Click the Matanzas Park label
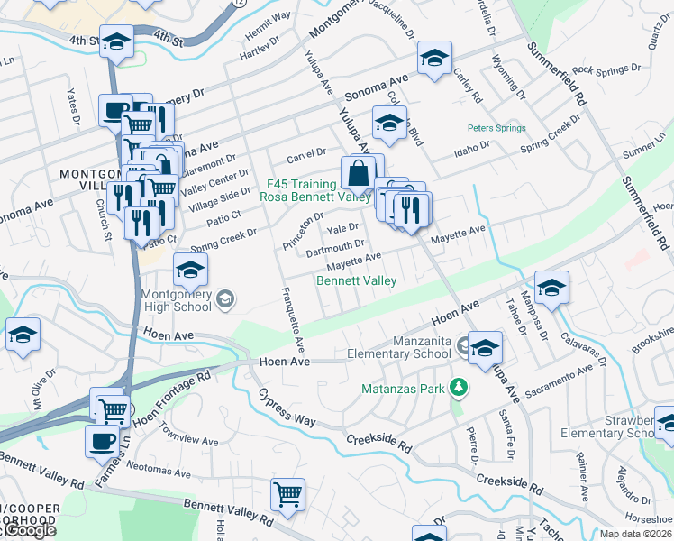pyautogui.click(x=405, y=388)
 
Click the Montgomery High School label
pyautogui.click(x=176, y=299)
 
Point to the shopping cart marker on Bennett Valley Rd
pyautogui.click(x=287, y=494)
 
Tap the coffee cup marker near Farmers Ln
pyautogui.click(x=102, y=441)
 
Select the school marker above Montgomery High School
pyautogui.click(x=190, y=270)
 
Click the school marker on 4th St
pyautogui.click(x=116, y=41)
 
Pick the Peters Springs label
pyautogui.click(x=496, y=128)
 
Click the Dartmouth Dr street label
pyautogui.click(x=335, y=243)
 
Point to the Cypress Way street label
pyautogui.click(x=287, y=408)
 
